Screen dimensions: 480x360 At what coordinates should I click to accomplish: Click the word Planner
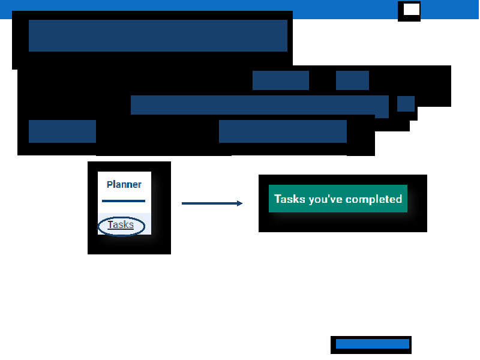pos(124,184)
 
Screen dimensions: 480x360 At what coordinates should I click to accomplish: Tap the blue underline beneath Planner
pos(124,201)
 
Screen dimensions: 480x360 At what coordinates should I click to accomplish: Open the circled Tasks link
pos(121,224)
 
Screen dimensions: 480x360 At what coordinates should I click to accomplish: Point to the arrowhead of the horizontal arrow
pos(239,203)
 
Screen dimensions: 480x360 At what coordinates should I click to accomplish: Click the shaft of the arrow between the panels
pos(209,203)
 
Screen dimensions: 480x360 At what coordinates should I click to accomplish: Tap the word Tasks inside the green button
pos(290,199)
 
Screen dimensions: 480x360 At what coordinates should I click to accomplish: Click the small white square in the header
pos(412,10)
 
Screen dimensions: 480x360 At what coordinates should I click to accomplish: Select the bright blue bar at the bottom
pos(373,343)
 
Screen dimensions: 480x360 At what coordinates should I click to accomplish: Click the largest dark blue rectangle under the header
pos(158,35)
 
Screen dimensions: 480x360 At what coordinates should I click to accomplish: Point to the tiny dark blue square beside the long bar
pos(406,104)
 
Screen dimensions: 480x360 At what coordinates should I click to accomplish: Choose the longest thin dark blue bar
pos(260,105)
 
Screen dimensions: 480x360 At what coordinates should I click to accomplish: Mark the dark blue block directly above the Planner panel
pos(62,131)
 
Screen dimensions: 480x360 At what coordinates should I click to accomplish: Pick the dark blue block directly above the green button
pos(283,131)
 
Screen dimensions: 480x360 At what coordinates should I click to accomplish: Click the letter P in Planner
pos(110,184)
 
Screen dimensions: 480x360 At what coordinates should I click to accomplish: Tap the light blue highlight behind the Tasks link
pos(124,224)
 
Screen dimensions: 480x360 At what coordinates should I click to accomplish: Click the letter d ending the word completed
pos(399,199)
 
